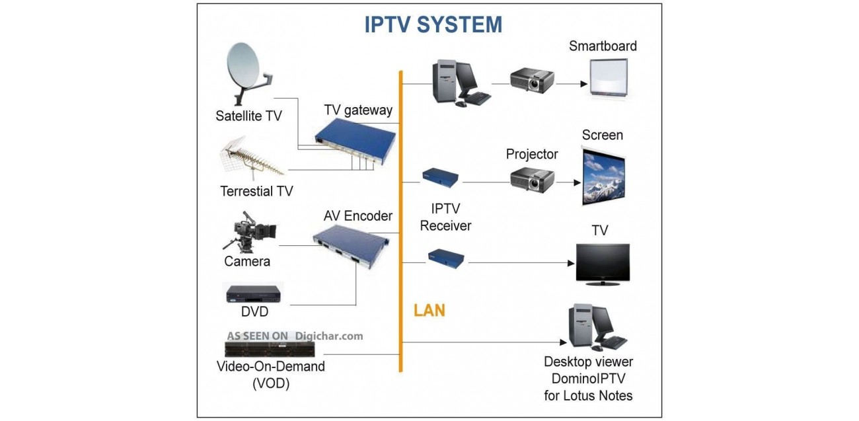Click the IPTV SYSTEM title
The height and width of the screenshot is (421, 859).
433,24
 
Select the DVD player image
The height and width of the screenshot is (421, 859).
254,293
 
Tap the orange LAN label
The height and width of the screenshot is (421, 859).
429,310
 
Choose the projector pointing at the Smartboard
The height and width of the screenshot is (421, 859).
532,81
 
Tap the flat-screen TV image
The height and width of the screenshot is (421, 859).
602,264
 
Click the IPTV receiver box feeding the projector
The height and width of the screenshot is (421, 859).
441,176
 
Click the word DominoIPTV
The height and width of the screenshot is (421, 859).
588,379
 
